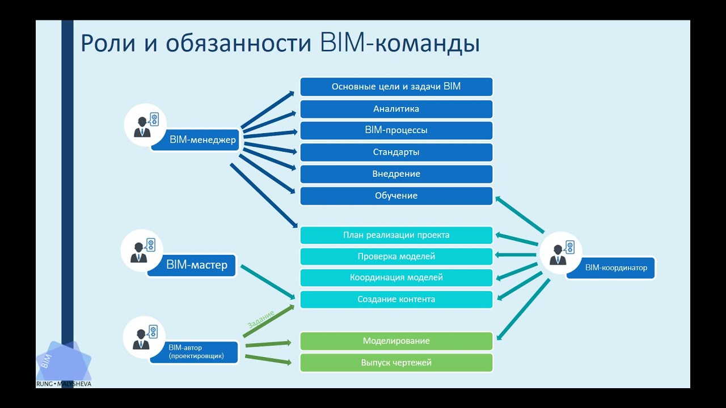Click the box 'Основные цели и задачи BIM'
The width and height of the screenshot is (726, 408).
[x=396, y=87]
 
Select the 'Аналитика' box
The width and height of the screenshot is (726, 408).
[x=396, y=109]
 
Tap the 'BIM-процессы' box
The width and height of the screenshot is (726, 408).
[x=396, y=130]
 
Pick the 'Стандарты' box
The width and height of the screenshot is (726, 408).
[x=396, y=152]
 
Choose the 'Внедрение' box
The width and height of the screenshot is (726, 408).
[x=396, y=174]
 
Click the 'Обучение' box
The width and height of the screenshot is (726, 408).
[x=396, y=195]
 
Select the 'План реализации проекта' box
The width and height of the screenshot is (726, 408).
[x=396, y=235]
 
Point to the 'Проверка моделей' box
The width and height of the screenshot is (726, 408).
[x=396, y=257]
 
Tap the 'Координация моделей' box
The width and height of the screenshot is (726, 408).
[x=396, y=278]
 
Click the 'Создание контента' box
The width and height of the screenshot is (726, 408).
[x=396, y=299]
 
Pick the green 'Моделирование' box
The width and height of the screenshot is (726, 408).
[x=396, y=341]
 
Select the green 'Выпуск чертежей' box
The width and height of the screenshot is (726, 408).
[x=396, y=363]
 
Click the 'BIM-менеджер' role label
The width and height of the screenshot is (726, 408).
[x=202, y=140]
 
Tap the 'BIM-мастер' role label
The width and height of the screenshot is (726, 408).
[x=196, y=265]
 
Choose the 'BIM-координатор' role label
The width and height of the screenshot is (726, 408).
[x=615, y=267]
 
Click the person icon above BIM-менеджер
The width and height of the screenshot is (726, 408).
[x=145, y=125]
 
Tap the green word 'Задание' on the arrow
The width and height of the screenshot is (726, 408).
[x=261, y=319]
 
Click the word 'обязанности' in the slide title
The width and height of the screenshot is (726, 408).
[x=238, y=44]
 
